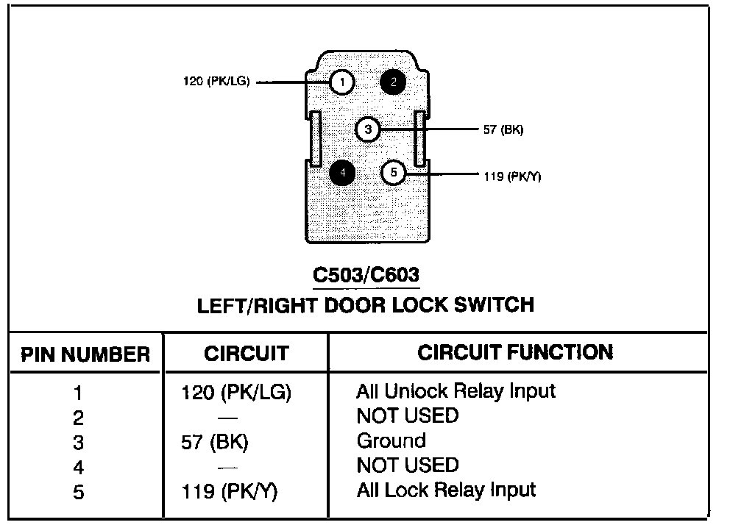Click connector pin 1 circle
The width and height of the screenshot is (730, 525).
(342, 82)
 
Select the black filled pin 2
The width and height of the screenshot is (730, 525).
(393, 82)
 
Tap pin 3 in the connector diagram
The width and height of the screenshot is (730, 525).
(368, 130)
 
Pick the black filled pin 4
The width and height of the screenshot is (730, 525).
(342, 173)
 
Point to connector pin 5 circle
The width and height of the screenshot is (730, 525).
(394, 173)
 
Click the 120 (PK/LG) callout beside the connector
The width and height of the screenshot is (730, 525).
(216, 82)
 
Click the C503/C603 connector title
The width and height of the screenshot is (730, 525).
(366, 275)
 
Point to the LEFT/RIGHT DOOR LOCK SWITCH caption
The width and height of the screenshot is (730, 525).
(366, 304)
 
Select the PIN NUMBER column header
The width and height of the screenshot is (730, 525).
(85, 354)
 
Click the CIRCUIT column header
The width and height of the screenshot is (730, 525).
(246, 354)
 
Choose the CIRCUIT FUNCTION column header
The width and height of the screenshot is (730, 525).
(515, 352)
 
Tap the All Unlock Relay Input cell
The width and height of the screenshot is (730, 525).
(456, 390)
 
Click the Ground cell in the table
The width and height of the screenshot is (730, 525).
(391, 440)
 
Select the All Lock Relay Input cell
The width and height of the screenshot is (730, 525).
(446, 490)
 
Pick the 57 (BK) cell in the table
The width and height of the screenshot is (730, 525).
(216, 442)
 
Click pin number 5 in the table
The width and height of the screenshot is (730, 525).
(79, 492)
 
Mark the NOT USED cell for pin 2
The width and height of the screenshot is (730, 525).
(407, 415)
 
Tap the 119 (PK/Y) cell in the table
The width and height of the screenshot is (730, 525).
(229, 491)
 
